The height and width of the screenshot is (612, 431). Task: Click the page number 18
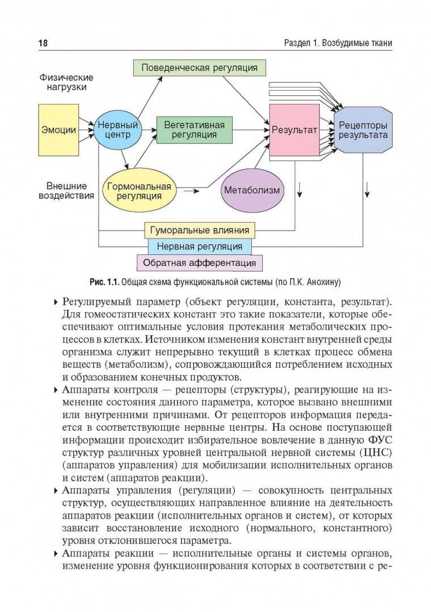43,43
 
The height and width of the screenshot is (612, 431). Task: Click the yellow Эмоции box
58,130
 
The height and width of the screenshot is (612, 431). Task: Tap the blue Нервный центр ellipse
117,130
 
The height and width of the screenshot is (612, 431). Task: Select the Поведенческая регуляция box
199,68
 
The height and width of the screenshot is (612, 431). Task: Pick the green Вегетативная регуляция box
194,130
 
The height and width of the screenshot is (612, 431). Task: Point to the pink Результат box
294,130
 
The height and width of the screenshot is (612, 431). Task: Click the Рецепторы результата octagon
363,130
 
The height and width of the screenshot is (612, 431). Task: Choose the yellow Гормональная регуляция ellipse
139,191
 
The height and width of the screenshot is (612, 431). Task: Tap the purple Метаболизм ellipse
252,190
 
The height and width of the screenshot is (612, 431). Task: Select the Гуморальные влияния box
199,230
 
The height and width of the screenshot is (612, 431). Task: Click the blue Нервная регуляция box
199,246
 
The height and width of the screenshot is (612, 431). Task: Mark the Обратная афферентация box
199,263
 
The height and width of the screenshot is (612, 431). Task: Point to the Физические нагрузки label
66,82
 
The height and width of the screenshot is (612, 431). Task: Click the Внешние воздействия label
66,191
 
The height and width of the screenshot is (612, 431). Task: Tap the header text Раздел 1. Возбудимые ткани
338,43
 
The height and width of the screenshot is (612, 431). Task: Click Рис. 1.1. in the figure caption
104,282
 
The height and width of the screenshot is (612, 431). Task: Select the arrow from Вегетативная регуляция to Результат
251,130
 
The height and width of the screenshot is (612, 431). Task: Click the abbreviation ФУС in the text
380,440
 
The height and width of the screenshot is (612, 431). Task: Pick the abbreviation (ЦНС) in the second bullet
378,452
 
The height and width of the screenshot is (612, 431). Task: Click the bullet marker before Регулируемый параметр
56,303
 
